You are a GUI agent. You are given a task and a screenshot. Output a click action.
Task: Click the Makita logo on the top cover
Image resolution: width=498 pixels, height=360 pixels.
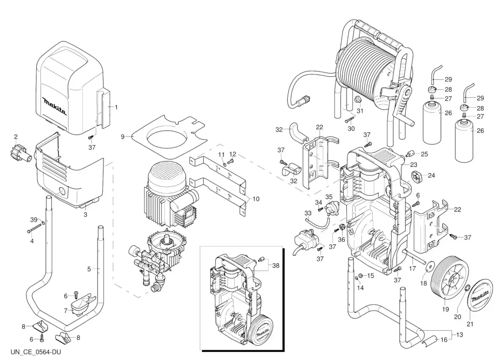[55, 106]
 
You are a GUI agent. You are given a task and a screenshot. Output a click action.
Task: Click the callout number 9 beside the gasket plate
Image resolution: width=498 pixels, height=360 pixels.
[123, 137]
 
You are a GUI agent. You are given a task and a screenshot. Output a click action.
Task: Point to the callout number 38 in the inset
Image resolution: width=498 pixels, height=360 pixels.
[275, 265]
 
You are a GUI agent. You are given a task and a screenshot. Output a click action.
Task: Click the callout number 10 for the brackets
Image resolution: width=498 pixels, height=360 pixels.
[256, 199]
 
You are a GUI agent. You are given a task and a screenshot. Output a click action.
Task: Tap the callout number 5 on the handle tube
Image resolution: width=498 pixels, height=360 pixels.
[89, 269]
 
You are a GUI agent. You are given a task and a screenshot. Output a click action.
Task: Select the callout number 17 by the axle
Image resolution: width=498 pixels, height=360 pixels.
[412, 268]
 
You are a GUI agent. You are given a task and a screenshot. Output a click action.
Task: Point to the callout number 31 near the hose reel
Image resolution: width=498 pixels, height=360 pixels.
[360, 111]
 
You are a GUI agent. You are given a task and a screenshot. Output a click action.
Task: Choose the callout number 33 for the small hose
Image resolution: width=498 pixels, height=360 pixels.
[308, 213]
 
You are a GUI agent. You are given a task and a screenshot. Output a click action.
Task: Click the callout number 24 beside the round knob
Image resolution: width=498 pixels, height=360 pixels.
[431, 175]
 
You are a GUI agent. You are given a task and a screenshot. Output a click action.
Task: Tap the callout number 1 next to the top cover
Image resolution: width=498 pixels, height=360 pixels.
[116, 107]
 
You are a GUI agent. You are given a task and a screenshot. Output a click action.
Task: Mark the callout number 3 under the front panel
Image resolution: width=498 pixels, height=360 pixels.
[85, 214]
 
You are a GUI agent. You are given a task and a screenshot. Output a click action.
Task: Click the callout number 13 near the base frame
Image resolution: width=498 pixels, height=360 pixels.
[460, 335]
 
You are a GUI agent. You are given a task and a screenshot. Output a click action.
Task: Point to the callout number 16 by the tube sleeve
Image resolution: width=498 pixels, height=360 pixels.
[444, 339]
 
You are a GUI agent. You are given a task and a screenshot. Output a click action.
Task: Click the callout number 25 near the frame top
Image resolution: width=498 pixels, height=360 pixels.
[424, 154]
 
